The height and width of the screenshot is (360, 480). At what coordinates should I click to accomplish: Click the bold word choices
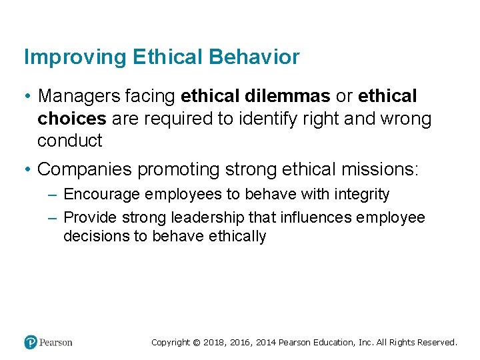point(72,119)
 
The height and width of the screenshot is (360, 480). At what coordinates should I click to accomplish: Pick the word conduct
point(69,141)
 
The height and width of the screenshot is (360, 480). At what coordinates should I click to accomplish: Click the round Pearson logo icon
point(31,342)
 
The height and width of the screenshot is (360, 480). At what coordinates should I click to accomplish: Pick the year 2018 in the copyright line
point(214,342)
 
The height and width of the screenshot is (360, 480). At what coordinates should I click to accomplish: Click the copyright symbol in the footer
point(196,342)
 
